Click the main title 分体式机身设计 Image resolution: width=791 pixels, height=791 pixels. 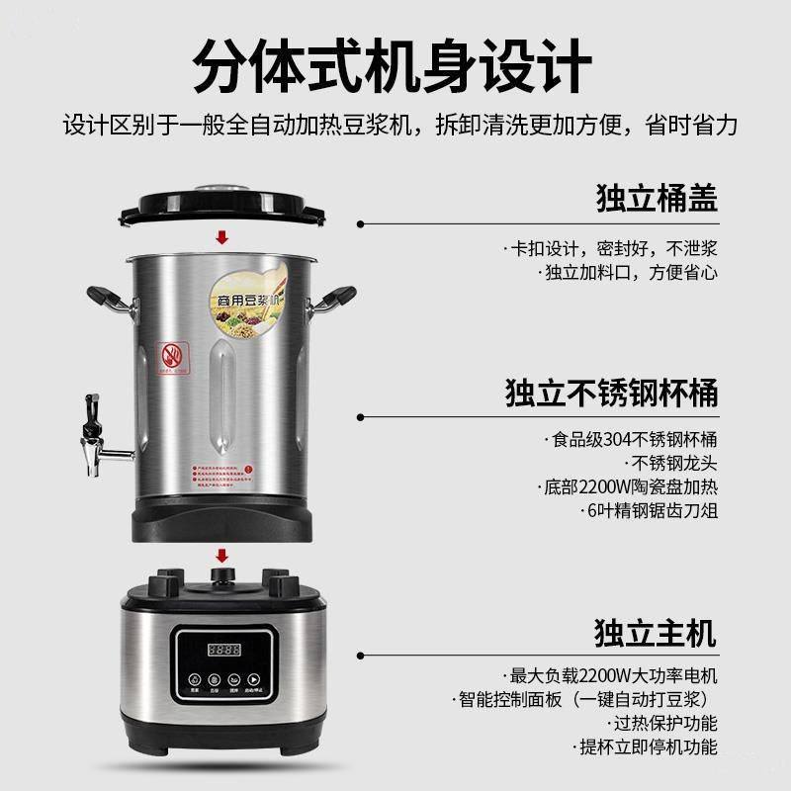[395, 65]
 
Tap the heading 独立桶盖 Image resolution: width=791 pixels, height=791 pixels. [657, 197]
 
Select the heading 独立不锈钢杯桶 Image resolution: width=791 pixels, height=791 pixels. [611, 393]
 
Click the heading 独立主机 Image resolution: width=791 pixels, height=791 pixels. [656, 630]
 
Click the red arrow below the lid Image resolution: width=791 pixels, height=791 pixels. [221, 237]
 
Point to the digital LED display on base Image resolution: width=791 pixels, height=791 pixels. [223, 651]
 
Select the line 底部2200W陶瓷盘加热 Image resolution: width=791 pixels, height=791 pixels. [630, 487]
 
